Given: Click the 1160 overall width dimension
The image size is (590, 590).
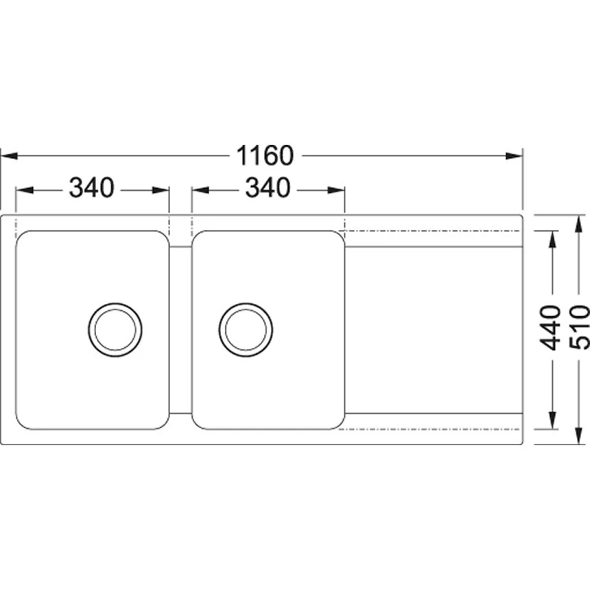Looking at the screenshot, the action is [x=265, y=156].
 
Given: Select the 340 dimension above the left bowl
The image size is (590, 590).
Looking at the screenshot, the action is [x=91, y=188].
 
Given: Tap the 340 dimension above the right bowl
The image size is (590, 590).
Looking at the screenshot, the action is [x=268, y=188].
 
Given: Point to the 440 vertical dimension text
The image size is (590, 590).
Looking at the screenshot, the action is [x=550, y=328].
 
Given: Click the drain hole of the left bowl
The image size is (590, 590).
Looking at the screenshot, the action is [x=115, y=329].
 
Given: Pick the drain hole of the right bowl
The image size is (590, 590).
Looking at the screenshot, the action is [x=246, y=329].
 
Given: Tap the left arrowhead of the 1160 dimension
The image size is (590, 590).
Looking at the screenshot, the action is [x=9, y=156].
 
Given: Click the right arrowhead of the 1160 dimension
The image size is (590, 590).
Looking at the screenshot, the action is [x=514, y=156].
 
